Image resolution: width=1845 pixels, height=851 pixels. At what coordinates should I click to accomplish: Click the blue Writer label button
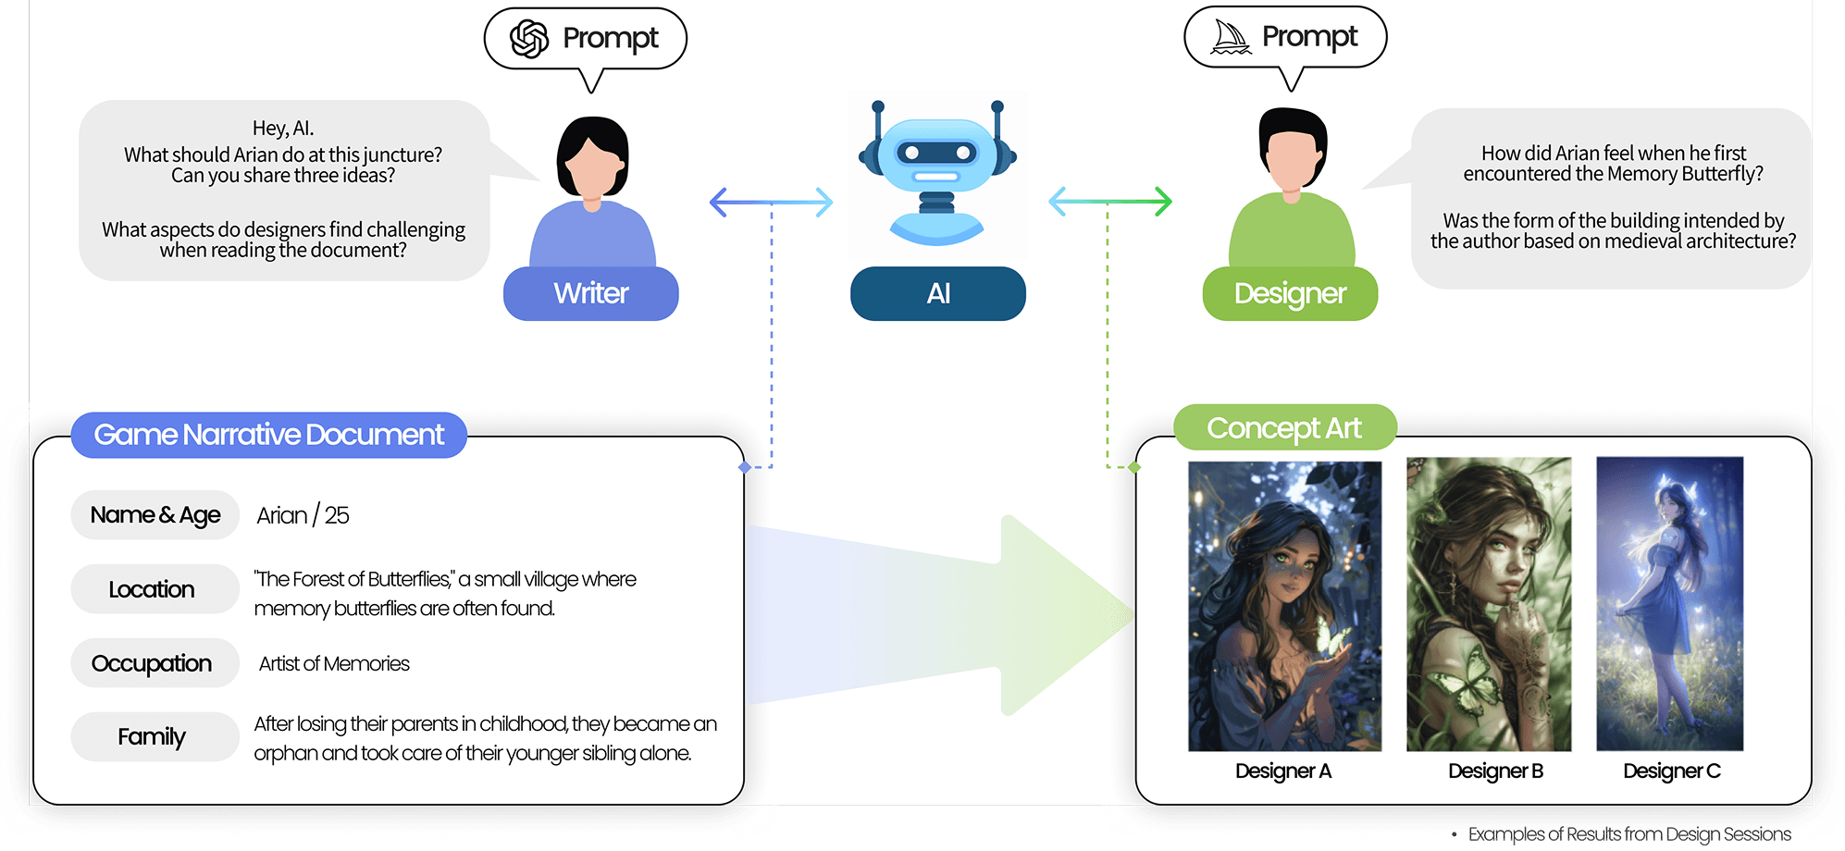point(590,294)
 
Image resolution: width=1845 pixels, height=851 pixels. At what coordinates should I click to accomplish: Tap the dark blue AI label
point(937,294)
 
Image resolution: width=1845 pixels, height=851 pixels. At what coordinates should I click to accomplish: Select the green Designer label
point(1289,294)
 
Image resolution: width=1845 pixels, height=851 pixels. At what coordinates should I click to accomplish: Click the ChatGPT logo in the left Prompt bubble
point(529,39)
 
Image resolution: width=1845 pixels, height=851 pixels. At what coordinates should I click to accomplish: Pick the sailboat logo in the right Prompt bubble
point(1231,37)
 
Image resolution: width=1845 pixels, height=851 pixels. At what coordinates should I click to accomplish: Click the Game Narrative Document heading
point(268,435)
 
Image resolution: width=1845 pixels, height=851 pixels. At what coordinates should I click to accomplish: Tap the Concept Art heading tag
point(1283,428)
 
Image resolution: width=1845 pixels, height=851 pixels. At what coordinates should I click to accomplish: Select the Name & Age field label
point(155,515)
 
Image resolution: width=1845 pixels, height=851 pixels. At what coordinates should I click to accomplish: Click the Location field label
point(152,589)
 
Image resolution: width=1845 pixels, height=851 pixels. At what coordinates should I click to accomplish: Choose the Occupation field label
point(152,663)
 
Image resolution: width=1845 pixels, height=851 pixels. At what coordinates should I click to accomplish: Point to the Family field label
point(152,737)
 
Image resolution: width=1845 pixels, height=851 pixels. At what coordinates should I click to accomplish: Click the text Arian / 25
point(303,515)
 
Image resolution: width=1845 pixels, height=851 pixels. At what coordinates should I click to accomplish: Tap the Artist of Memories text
point(334,664)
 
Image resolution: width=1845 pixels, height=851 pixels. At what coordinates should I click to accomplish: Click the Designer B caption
point(1495,771)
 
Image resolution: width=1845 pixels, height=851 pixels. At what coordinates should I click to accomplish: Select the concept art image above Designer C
point(1669,603)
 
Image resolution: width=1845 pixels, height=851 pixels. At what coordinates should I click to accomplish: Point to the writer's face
point(592,168)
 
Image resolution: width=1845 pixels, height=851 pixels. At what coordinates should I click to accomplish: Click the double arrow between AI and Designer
point(1109,201)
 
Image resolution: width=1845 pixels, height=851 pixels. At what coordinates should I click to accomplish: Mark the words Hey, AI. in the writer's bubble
point(283,128)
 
